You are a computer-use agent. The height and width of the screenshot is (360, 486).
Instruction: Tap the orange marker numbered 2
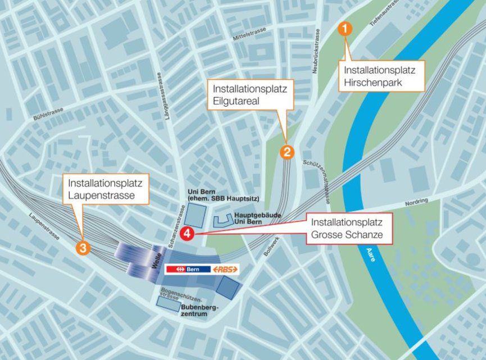(x=287, y=151)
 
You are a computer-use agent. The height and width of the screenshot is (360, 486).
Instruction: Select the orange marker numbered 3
(x=83, y=248)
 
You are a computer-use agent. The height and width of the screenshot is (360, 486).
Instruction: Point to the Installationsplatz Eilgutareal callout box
(x=251, y=95)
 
